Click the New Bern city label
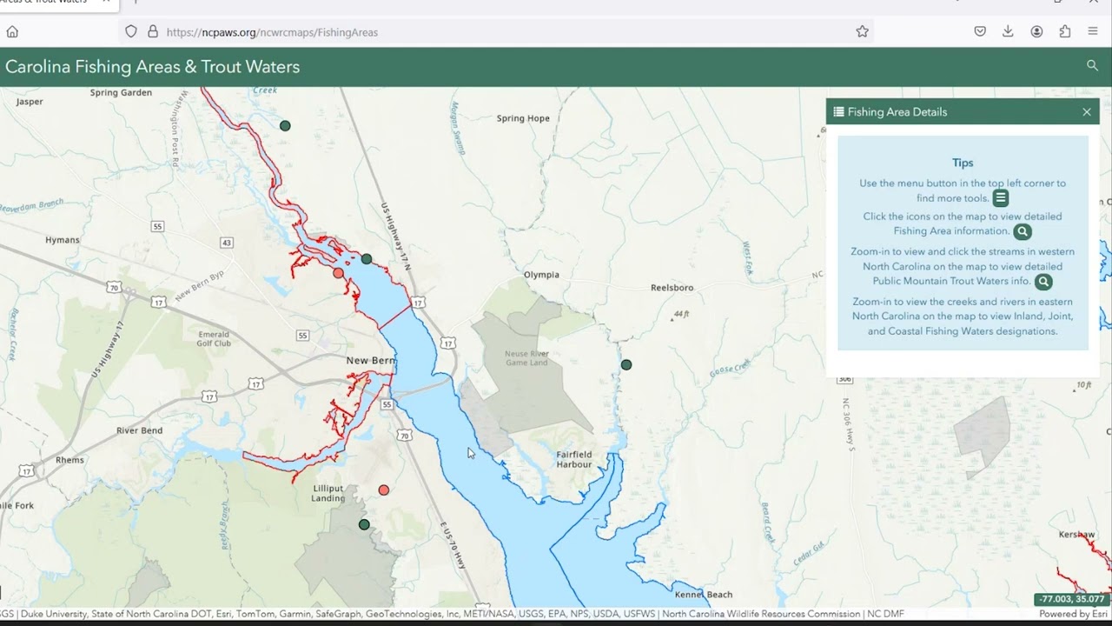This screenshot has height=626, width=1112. [x=371, y=360]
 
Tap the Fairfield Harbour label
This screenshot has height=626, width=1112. [x=573, y=459]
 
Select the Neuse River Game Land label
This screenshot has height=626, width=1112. [x=527, y=357]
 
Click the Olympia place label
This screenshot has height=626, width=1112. [x=541, y=275]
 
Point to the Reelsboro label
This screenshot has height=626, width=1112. [x=672, y=288]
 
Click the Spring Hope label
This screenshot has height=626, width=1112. [x=523, y=118]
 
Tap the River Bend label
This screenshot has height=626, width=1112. [x=139, y=430]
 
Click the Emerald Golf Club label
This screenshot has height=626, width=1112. [x=214, y=338]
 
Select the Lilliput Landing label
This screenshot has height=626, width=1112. [x=328, y=493]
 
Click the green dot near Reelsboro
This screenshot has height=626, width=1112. [x=626, y=365]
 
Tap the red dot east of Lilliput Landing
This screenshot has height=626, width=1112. [x=384, y=490]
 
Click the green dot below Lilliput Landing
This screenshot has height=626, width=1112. [x=364, y=524]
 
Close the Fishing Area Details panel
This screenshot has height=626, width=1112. [x=1086, y=112]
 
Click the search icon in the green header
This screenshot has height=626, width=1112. [x=1092, y=66]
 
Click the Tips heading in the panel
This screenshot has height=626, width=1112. [x=963, y=163]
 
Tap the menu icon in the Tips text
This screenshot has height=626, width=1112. [x=1001, y=198]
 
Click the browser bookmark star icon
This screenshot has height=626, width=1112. [x=862, y=31]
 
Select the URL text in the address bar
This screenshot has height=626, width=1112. [x=272, y=32]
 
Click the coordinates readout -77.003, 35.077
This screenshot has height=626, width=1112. [x=1069, y=600]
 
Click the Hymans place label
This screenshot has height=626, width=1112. [x=62, y=240]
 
